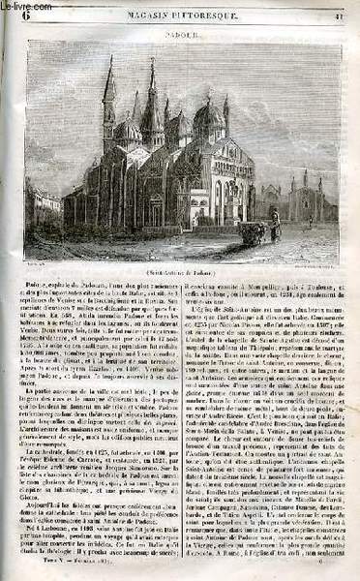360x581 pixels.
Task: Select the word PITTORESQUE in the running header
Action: (213, 11)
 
